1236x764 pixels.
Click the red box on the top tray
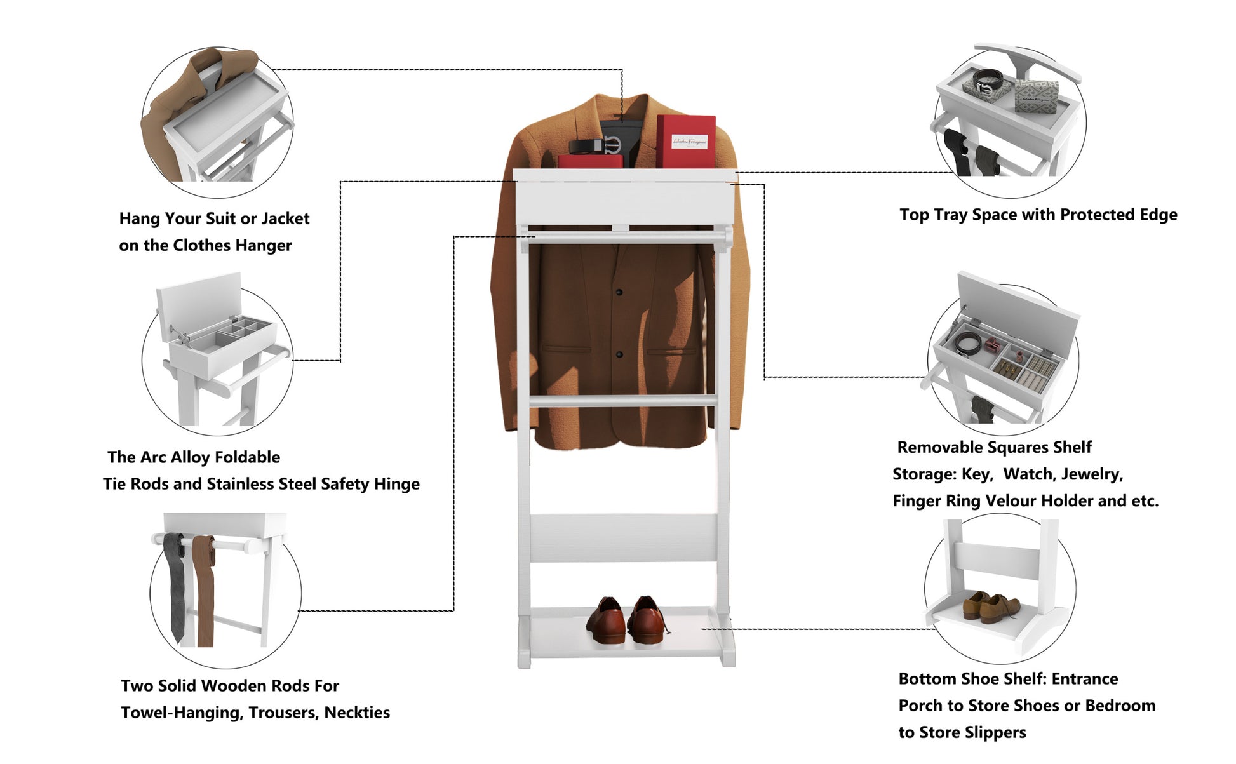685,141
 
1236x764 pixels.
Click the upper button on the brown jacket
619,292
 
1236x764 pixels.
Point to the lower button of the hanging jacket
619,354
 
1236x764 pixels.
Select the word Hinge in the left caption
396,484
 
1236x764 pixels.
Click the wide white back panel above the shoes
623,538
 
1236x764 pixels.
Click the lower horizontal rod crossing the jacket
622,401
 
